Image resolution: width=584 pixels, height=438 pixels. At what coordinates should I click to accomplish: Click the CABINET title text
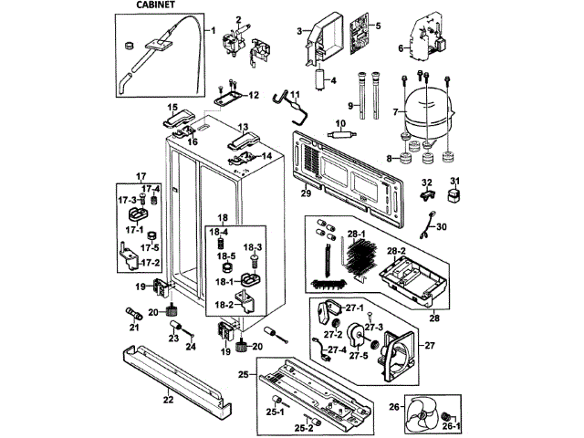coord(155,5)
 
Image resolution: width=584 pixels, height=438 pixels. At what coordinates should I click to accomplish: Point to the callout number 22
coord(168,400)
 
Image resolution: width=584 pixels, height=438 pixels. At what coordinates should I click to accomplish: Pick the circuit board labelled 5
coord(360,34)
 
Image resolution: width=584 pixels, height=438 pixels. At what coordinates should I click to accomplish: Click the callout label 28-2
coord(396,251)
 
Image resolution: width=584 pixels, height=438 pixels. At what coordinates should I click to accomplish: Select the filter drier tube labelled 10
coord(341,135)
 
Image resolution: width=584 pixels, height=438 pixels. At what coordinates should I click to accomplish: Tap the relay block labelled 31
coord(454,195)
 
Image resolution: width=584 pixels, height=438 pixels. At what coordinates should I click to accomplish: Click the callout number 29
coord(306,193)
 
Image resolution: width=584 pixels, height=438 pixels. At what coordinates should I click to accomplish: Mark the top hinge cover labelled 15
coord(178,118)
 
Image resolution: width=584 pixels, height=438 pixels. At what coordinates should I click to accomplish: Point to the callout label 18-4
coord(218,232)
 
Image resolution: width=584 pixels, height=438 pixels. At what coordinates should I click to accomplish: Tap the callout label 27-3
coord(373,328)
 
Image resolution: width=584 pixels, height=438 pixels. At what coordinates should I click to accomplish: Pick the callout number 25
coord(244,374)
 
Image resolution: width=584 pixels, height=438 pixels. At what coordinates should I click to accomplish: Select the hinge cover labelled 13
coord(244,141)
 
